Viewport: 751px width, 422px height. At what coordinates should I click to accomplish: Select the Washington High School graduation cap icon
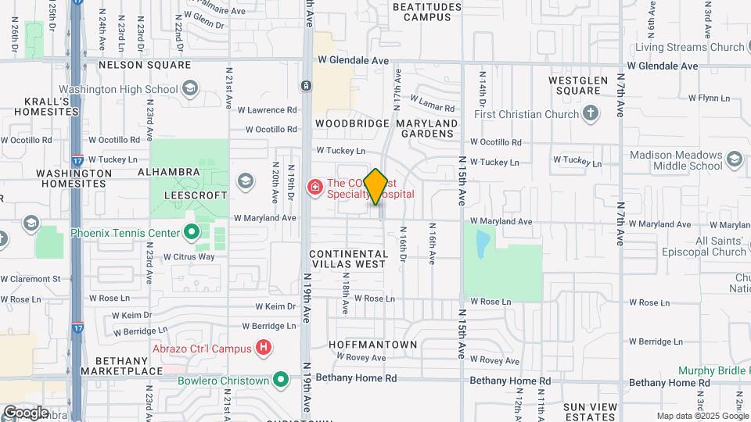pyautogui.click(x=189, y=88)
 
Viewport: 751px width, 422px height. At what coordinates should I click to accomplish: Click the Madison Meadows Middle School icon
pyautogui.click(x=734, y=159)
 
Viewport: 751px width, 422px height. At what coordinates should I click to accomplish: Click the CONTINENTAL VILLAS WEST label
pyautogui.click(x=348, y=259)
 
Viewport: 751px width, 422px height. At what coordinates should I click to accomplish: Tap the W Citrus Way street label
pyautogui.click(x=188, y=256)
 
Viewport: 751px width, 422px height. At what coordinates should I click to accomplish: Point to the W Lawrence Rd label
pyautogui.click(x=271, y=110)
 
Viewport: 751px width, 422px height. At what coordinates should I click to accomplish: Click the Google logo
pyautogui.click(x=26, y=412)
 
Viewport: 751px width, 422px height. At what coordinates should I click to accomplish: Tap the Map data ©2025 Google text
pyautogui.click(x=702, y=416)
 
